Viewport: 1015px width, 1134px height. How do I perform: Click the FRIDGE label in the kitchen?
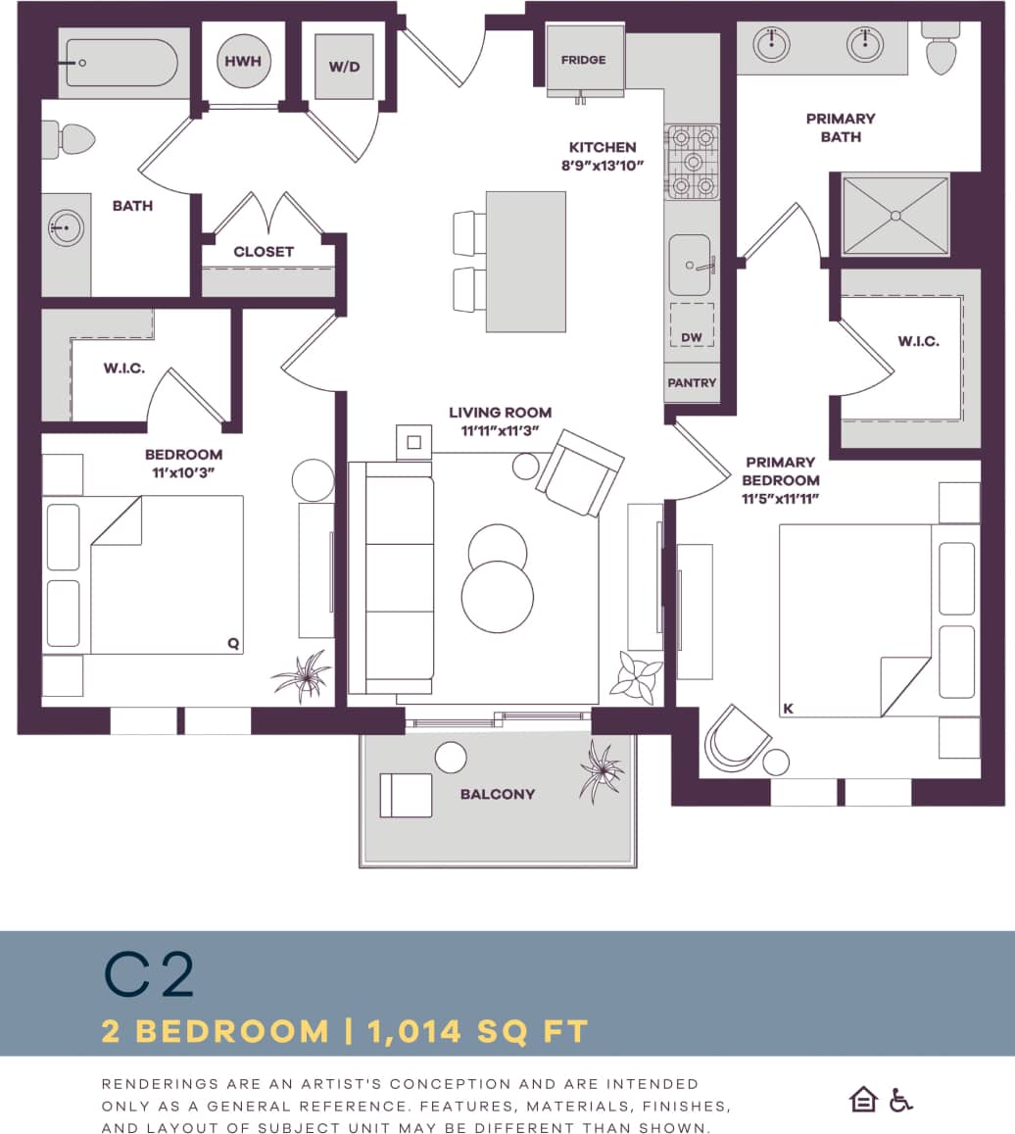click(583, 60)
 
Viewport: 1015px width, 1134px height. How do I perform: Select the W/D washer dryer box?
click(344, 67)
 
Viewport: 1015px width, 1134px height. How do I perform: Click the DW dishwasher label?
click(692, 337)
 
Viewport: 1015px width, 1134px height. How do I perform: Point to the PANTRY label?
click(692, 383)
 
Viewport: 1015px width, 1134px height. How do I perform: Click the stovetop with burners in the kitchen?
click(693, 161)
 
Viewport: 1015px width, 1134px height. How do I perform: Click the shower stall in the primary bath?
click(895, 215)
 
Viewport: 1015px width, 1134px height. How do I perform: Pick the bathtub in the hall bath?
click(119, 64)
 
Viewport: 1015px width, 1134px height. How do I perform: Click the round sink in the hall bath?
click(66, 229)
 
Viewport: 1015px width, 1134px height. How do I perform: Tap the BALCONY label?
click(498, 794)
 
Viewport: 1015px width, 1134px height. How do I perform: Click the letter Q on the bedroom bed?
click(233, 644)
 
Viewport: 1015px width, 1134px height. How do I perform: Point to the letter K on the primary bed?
click(788, 707)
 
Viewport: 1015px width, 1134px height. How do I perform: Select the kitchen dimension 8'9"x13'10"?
click(602, 166)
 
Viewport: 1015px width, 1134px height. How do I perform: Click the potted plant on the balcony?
click(600, 769)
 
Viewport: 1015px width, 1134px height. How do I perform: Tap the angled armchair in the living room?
click(579, 472)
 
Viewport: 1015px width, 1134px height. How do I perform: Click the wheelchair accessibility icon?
click(900, 1101)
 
